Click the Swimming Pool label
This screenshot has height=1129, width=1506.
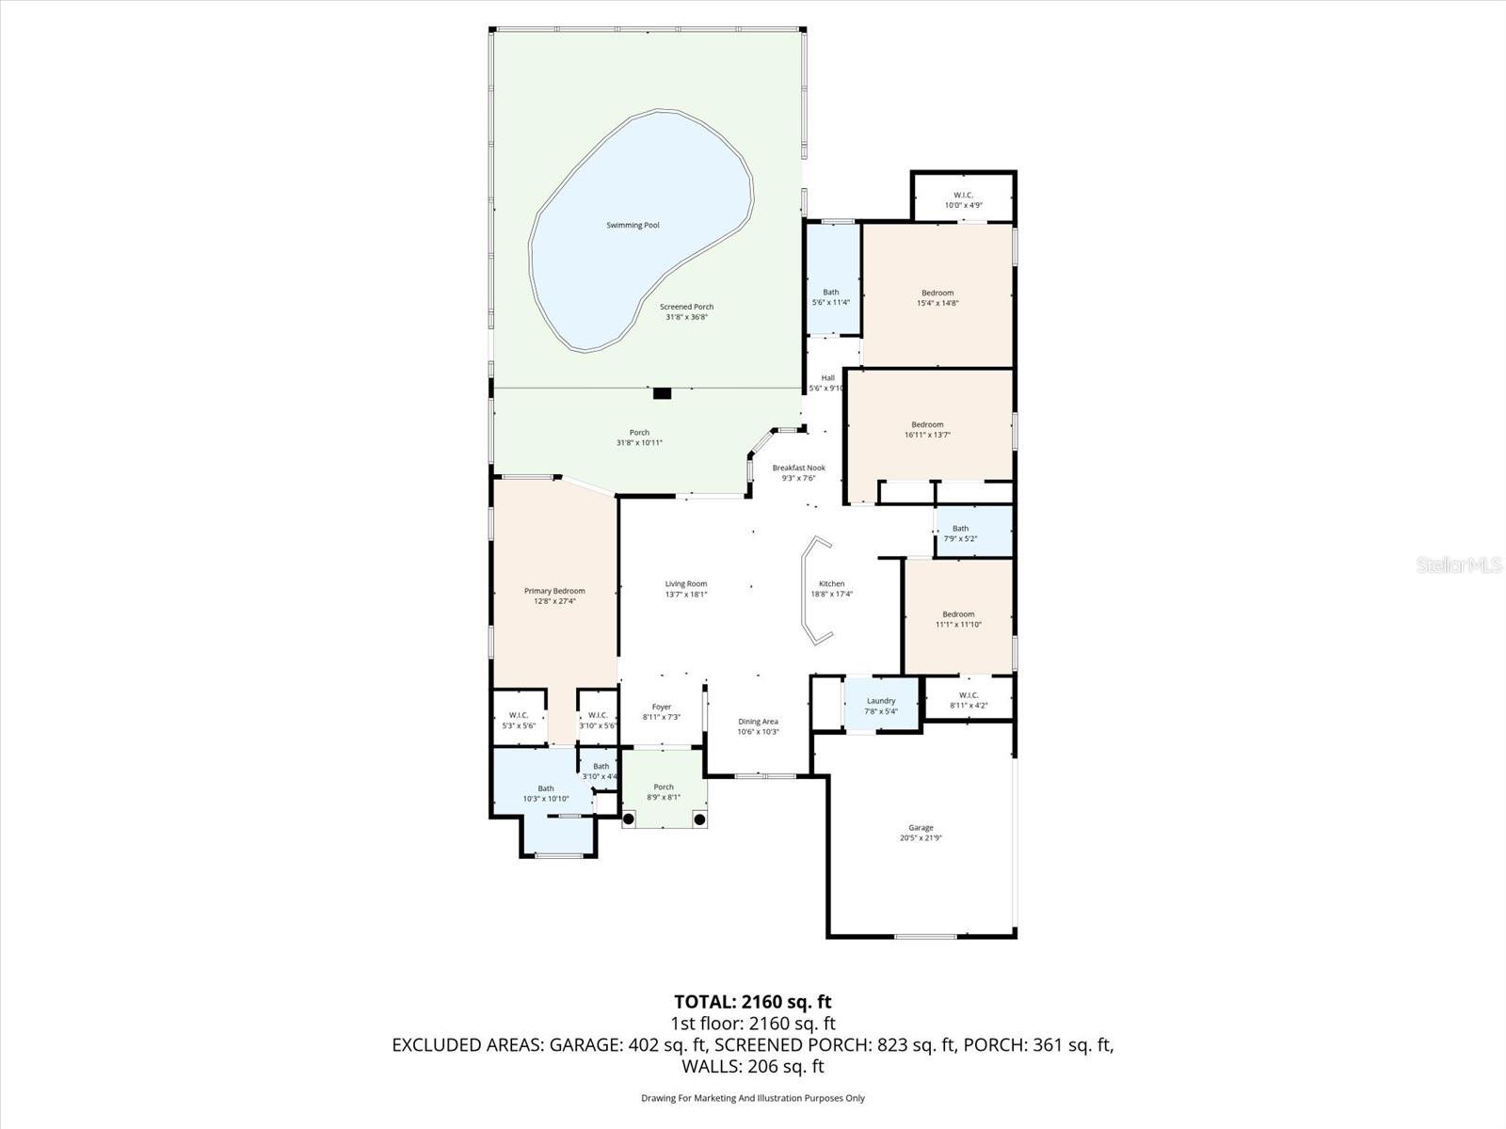tap(632, 225)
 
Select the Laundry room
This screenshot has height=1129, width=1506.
tap(881, 706)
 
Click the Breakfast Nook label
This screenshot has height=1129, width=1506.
tap(798, 468)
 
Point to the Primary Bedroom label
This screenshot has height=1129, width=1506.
tap(554, 591)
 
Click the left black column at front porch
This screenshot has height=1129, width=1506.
tap(629, 819)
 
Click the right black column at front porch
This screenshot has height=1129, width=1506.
tap(699, 819)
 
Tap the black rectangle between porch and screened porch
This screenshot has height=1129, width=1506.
tap(662, 393)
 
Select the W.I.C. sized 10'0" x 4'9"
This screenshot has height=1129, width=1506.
tap(962, 199)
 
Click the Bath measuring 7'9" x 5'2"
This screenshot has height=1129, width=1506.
tap(960, 533)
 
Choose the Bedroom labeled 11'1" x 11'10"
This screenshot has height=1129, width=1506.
tap(958, 619)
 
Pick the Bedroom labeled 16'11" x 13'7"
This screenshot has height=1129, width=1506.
tap(927, 429)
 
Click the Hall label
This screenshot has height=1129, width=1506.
tap(827, 378)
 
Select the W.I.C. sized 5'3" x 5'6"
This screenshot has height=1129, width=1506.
tap(519, 720)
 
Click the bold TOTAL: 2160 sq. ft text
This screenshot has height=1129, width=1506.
tap(752, 1001)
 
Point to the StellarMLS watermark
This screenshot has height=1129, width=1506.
tap(1460, 564)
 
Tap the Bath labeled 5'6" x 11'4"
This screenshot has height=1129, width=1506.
tap(831, 296)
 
